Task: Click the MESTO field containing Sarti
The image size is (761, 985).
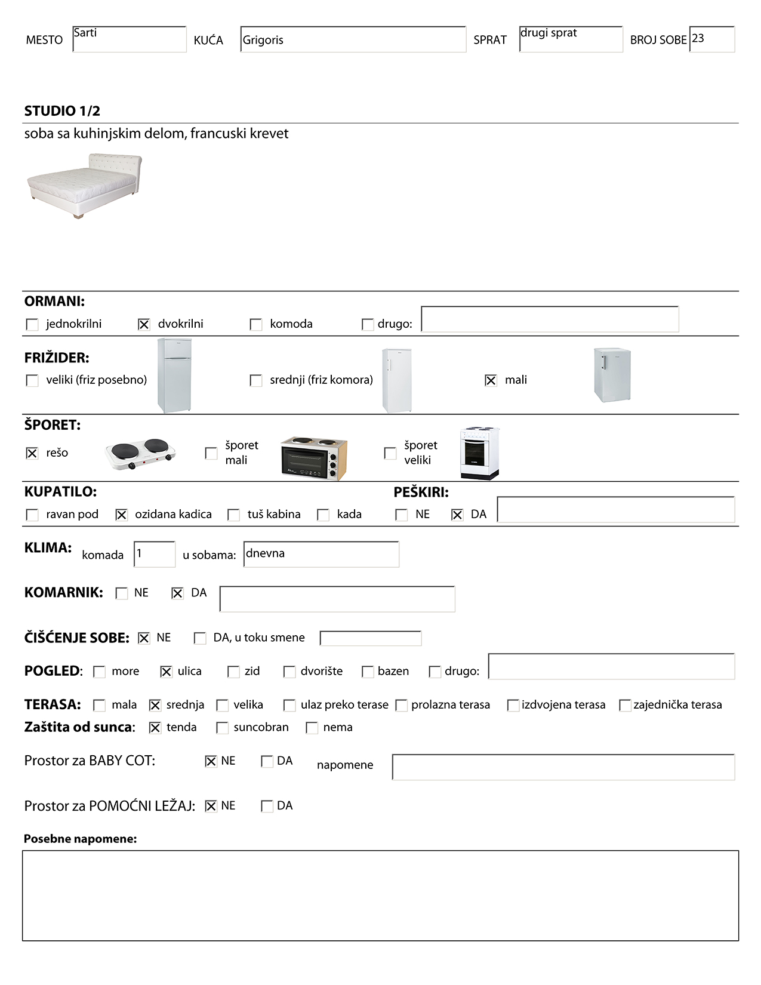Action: coord(129,39)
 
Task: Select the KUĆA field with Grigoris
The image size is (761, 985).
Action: coord(353,39)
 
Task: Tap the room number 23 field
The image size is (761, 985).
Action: coord(711,39)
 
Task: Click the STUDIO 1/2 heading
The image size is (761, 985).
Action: coord(62,111)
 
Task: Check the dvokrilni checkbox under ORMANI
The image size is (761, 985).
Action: coord(144,324)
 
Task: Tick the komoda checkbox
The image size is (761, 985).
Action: coord(256,324)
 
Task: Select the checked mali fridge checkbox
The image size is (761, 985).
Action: coord(491,380)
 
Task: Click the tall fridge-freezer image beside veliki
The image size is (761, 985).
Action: coord(174,375)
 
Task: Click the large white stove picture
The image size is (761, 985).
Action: coord(479,453)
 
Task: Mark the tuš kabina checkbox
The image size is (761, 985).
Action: coord(234,515)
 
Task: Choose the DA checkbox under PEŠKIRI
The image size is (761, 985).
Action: coord(457,515)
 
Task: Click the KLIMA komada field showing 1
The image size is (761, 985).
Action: coord(155,555)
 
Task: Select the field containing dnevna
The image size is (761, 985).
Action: coord(321,555)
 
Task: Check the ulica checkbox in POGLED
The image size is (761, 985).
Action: coord(166,672)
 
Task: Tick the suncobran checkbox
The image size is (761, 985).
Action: coord(222,728)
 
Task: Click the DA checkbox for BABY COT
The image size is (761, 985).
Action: coord(267,761)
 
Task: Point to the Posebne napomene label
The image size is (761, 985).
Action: coord(80,839)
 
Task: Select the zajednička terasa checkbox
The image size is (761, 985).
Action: coord(625,705)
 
